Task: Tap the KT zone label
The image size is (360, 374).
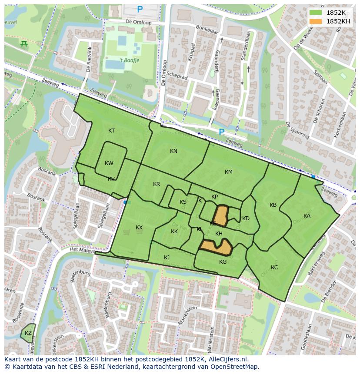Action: pyautogui.click(x=112, y=131)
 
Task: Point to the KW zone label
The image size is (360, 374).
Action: pyautogui.click(x=109, y=163)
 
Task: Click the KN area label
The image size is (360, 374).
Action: pyautogui.click(x=173, y=151)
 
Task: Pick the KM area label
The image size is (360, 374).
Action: pyautogui.click(x=229, y=172)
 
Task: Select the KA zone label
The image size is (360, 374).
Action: pyautogui.click(x=307, y=216)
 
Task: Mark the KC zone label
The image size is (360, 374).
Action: pyautogui.click(x=274, y=268)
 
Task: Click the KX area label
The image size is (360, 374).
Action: pyautogui.click(x=139, y=228)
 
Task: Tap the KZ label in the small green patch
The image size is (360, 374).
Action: pyautogui.click(x=28, y=333)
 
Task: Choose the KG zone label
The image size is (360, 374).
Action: pyautogui.click(x=223, y=262)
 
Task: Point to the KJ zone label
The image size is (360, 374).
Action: pyautogui.click(x=167, y=258)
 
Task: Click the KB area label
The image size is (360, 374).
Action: pyautogui.click(x=273, y=205)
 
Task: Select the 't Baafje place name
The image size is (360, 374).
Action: pyautogui.click(x=129, y=60)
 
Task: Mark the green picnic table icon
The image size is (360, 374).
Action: pyautogui.click(x=24, y=43)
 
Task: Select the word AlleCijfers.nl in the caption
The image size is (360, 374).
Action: pyautogui.click(x=228, y=359)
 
